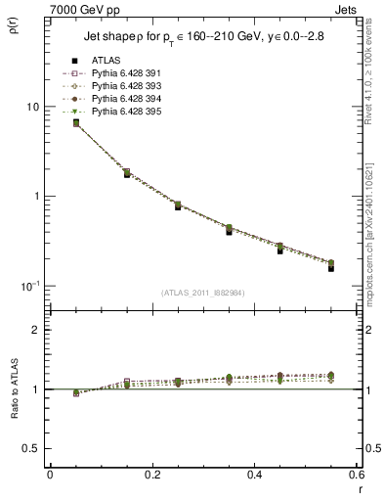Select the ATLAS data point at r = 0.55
point(331,266)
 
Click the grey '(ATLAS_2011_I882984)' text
point(202,293)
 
